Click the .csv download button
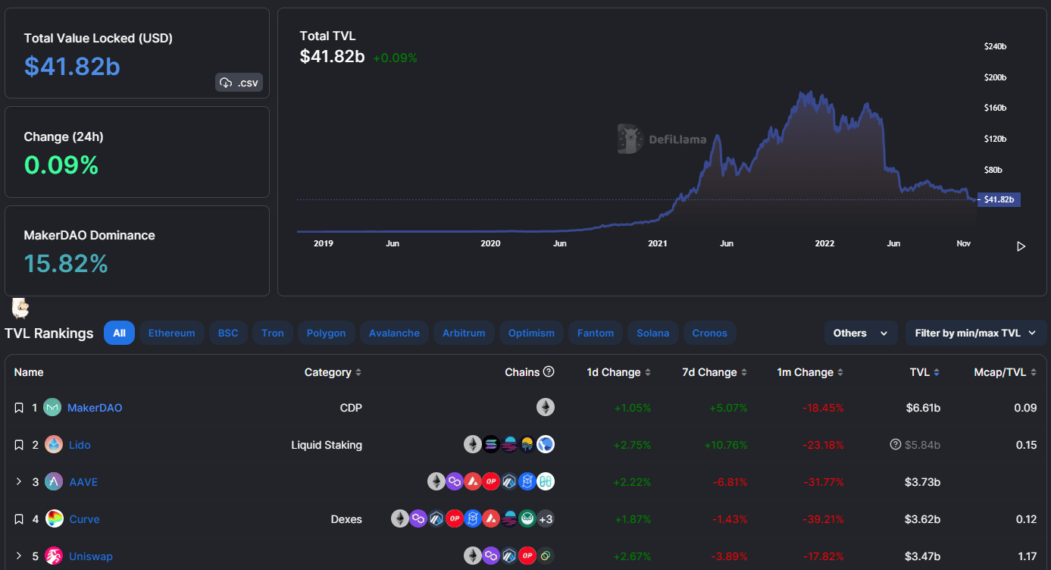click(x=239, y=83)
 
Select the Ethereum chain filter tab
click(x=171, y=333)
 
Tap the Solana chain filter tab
click(x=652, y=333)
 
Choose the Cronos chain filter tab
click(x=709, y=333)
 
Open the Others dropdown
click(x=860, y=333)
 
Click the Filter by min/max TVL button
click(x=975, y=333)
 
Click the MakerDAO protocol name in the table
click(x=95, y=408)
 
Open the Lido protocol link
click(x=80, y=445)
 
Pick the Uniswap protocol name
click(x=91, y=556)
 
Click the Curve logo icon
click(x=54, y=519)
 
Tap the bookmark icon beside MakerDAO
click(x=19, y=408)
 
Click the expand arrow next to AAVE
click(x=19, y=482)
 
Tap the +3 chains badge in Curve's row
click(x=546, y=519)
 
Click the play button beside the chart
click(x=1021, y=246)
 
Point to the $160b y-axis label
click(x=995, y=108)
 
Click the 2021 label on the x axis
click(x=657, y=243)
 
